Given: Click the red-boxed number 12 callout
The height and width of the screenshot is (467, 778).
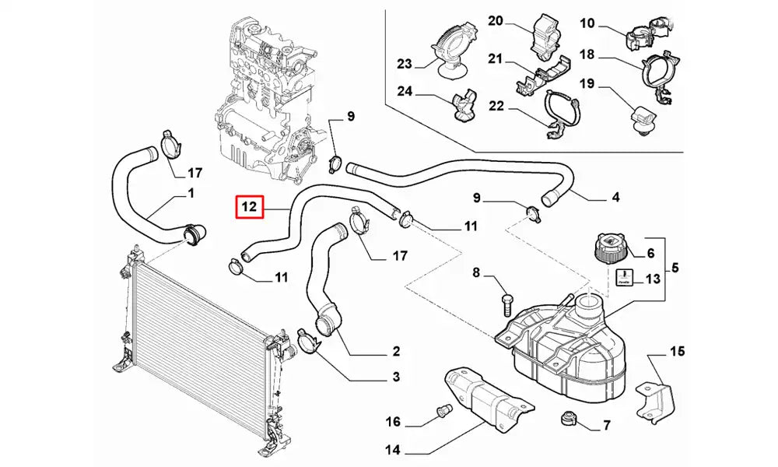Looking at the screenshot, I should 249,208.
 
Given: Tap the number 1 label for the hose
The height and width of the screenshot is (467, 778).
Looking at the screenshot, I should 191,193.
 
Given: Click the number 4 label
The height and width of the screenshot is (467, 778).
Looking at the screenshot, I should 615,198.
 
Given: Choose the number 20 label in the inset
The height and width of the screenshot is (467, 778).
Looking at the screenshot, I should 496,21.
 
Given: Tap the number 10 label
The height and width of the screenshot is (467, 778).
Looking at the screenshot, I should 587,23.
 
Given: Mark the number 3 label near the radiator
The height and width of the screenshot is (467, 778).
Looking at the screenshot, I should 395,377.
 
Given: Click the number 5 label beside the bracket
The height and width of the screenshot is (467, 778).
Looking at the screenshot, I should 675,269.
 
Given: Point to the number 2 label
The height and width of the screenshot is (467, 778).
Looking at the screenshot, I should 395,351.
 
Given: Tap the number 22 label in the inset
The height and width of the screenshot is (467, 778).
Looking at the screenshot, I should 496,106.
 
